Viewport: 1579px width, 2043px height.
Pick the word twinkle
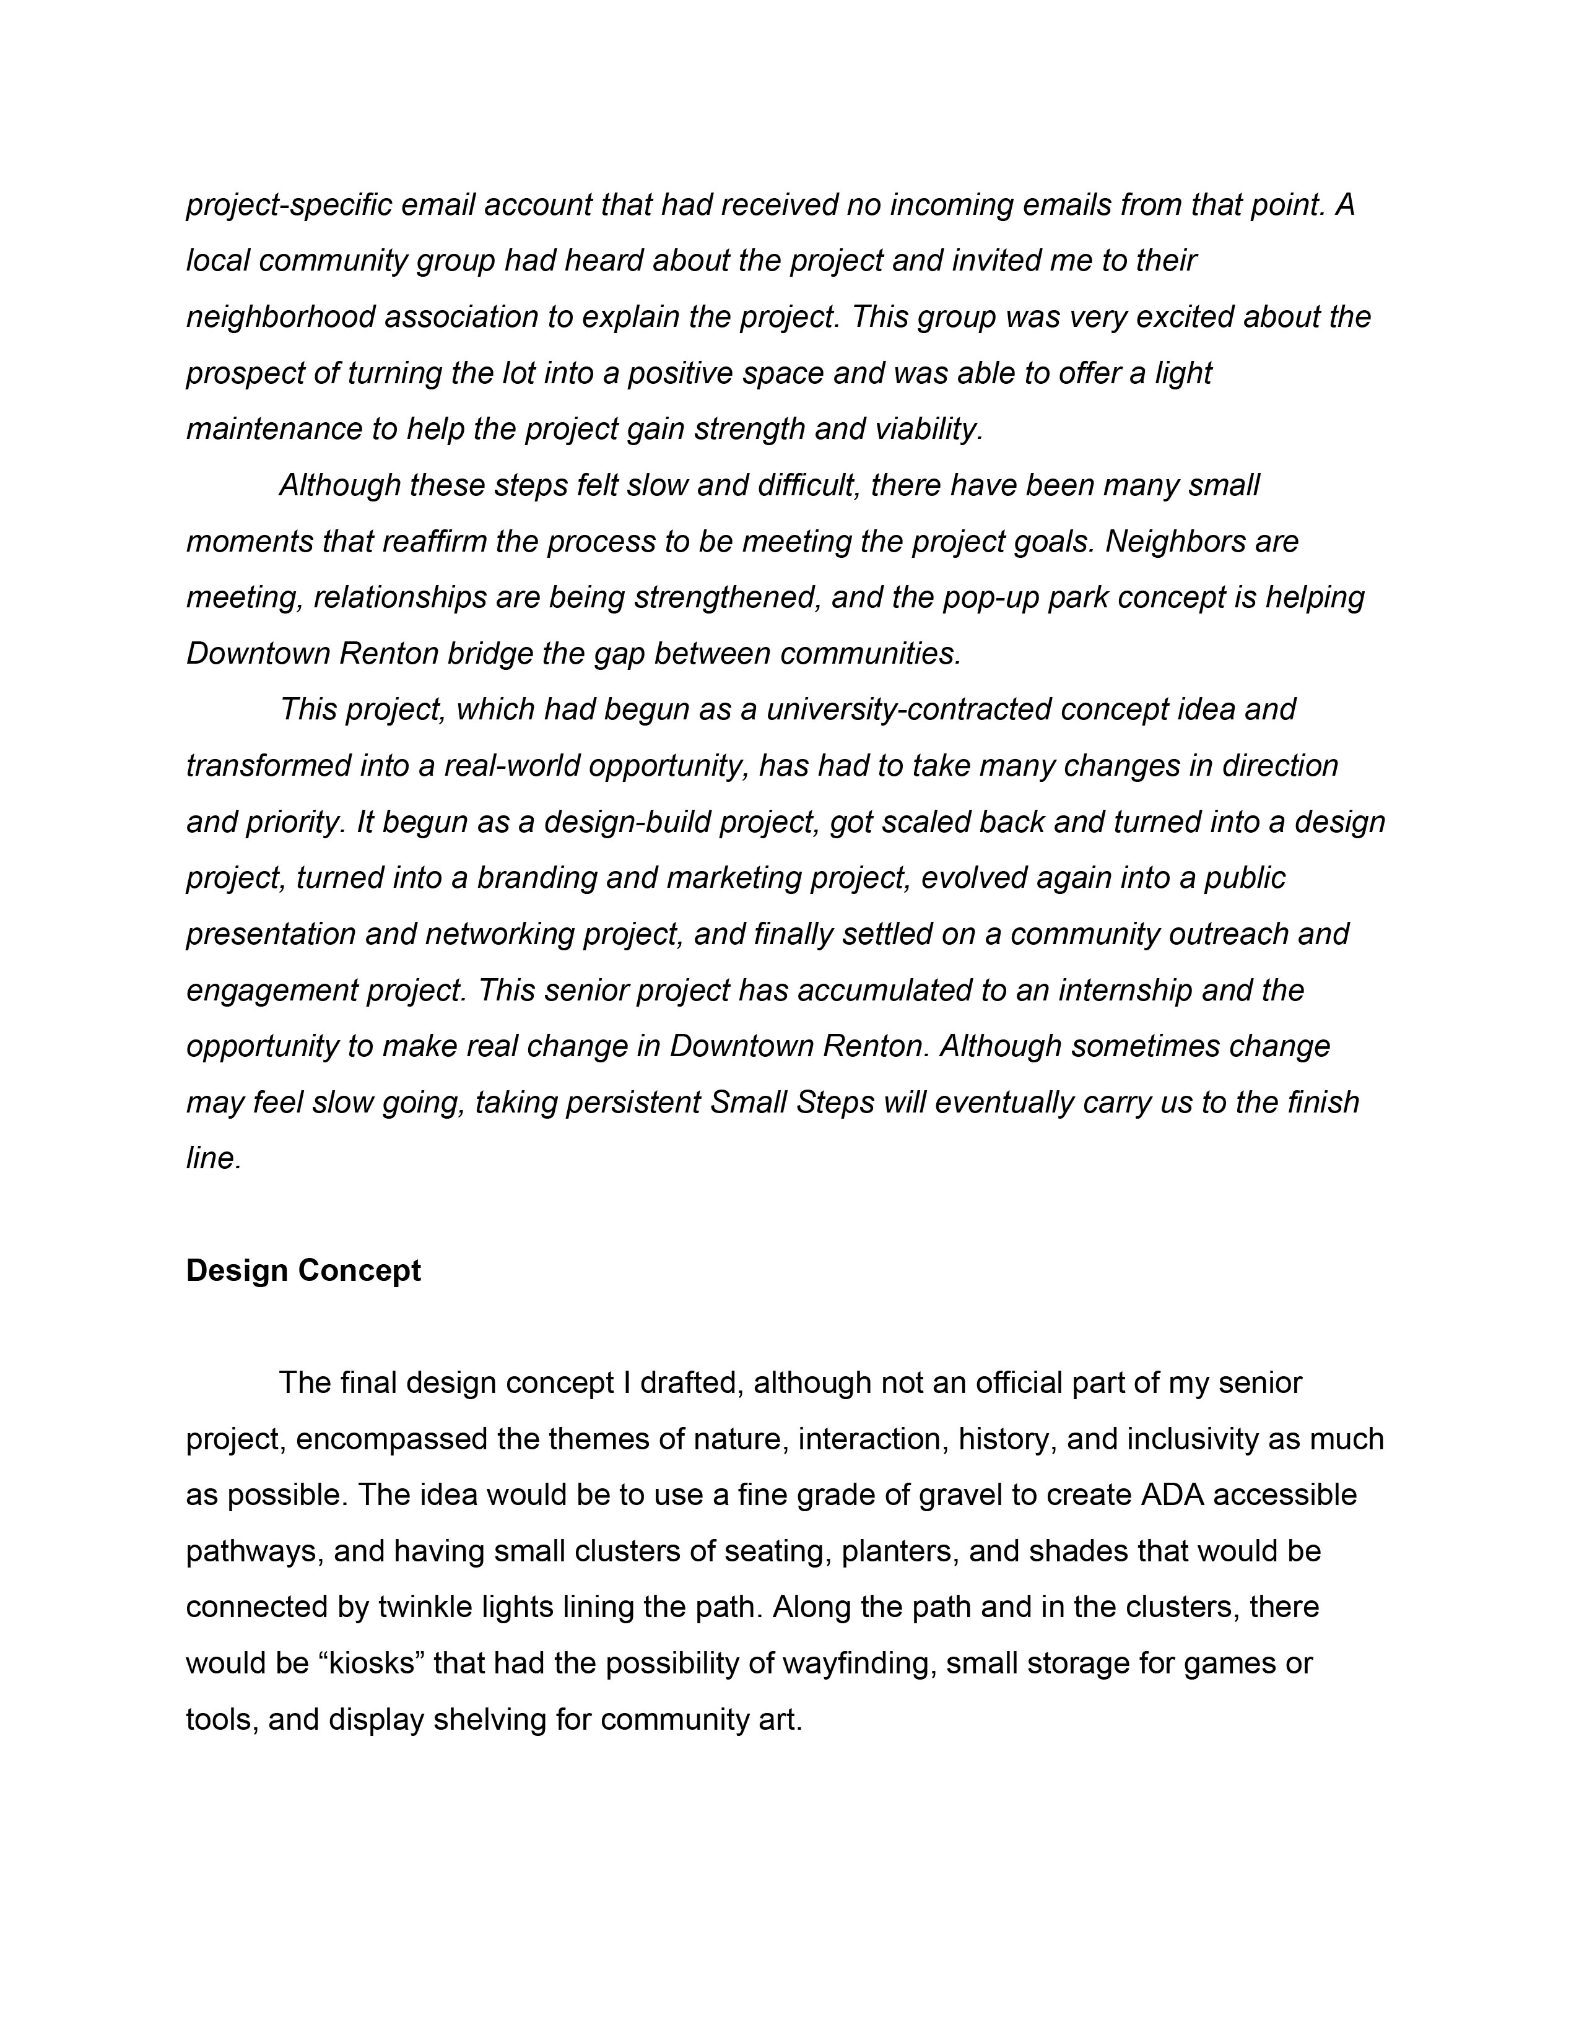tap(425, 1607)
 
